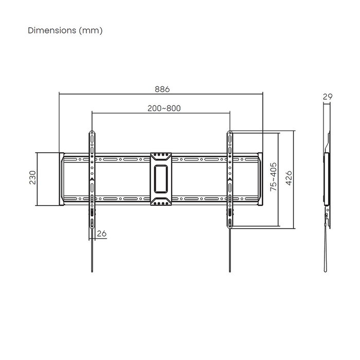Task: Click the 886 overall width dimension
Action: (162, 89)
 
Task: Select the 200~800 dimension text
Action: (164, 109)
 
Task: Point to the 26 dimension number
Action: (101, 233)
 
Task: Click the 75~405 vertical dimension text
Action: (274, 178)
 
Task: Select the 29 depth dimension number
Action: (327, 97)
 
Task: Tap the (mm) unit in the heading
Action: (91, 30)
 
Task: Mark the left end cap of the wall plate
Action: (61, 179)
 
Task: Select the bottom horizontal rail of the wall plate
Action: (123, 198)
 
